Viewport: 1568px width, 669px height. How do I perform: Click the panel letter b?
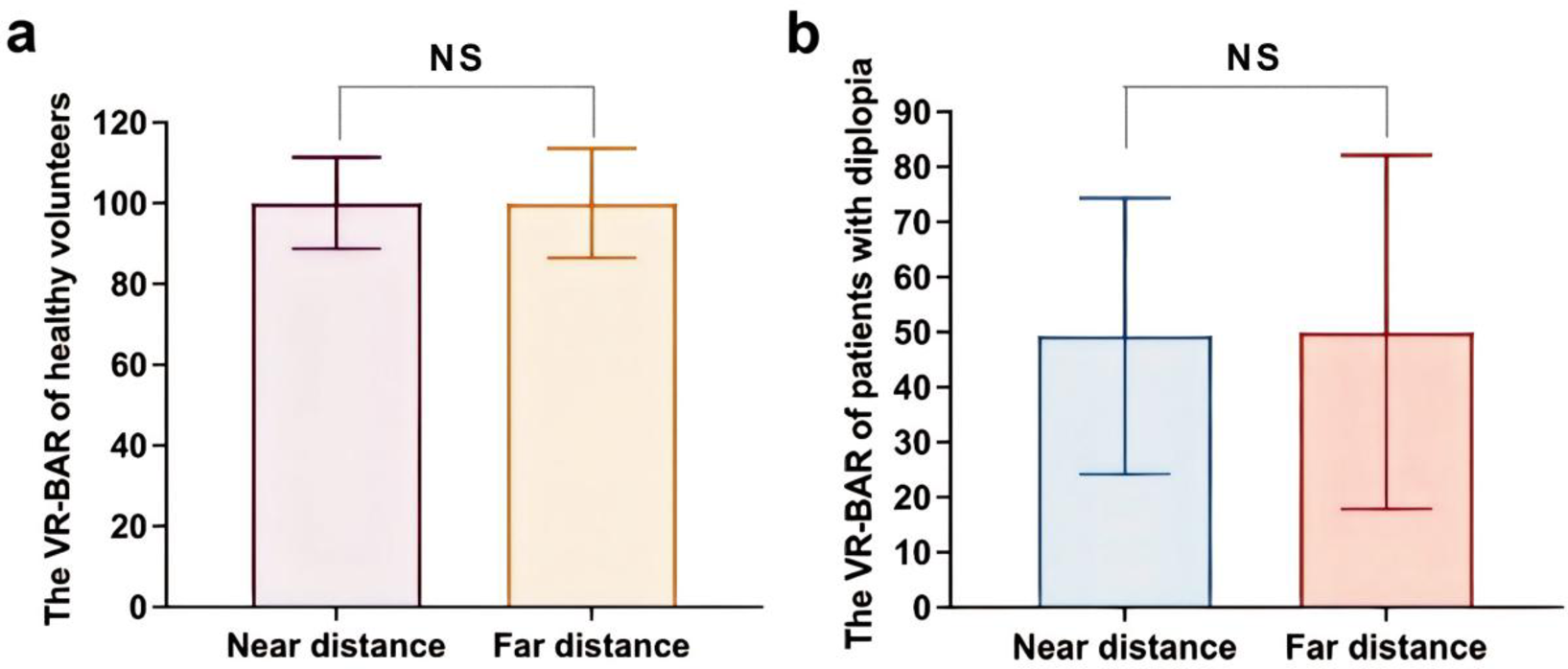(805, 35)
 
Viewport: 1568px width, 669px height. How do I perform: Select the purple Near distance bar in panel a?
(337, 422)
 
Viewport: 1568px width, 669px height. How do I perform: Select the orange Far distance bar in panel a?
(592, 422)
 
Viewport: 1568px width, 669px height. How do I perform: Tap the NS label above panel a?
(455, 58)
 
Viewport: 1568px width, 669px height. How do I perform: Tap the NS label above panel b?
(1253, 58)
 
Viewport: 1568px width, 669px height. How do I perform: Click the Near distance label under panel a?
(336, 645)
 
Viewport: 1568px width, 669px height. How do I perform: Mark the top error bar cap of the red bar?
(1387, 155)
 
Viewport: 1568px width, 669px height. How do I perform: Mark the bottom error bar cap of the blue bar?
(1124, 474)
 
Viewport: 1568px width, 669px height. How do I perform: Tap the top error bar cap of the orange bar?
(592, 149)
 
